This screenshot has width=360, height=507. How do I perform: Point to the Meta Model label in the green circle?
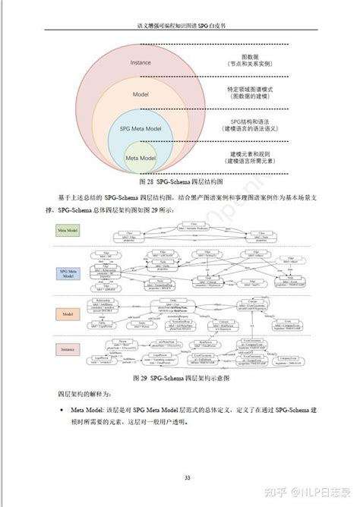click(x=142, y=158)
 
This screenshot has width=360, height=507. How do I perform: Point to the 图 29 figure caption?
click(x=180, y=377)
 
